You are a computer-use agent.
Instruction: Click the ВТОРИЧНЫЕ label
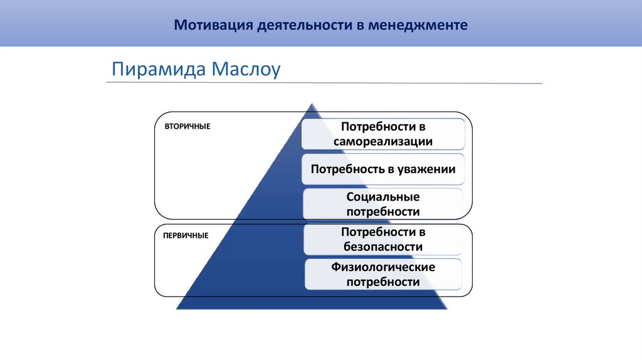(x=187, y=127)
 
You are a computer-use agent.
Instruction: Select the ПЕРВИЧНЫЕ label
(x=186, y=236)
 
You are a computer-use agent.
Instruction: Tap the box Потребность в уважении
(x=383, y=169)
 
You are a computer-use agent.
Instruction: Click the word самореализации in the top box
(x=383, y=141)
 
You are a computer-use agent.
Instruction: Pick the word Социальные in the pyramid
(x=383, y=197)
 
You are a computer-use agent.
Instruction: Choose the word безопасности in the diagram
(x=383, y=247)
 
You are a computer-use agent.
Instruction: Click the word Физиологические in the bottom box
(x=383, y=267)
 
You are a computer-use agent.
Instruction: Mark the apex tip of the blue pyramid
(x=311, y=104)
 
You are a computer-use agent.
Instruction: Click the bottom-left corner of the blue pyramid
(x=177, y=309)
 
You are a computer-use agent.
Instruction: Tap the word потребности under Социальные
(x=383, y=212)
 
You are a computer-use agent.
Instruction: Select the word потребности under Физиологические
(x=383, y=282)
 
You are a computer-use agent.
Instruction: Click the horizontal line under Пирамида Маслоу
(x=325, y=83)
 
